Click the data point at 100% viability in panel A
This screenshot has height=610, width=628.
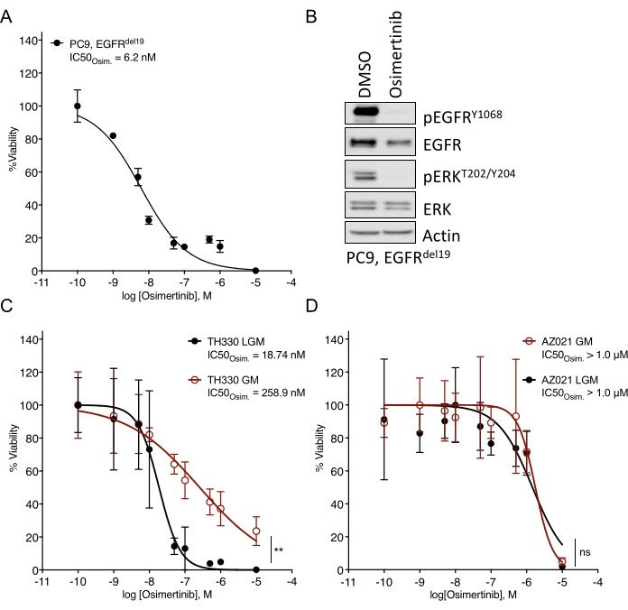pos(78,106)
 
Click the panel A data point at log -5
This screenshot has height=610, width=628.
pos(257,270)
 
